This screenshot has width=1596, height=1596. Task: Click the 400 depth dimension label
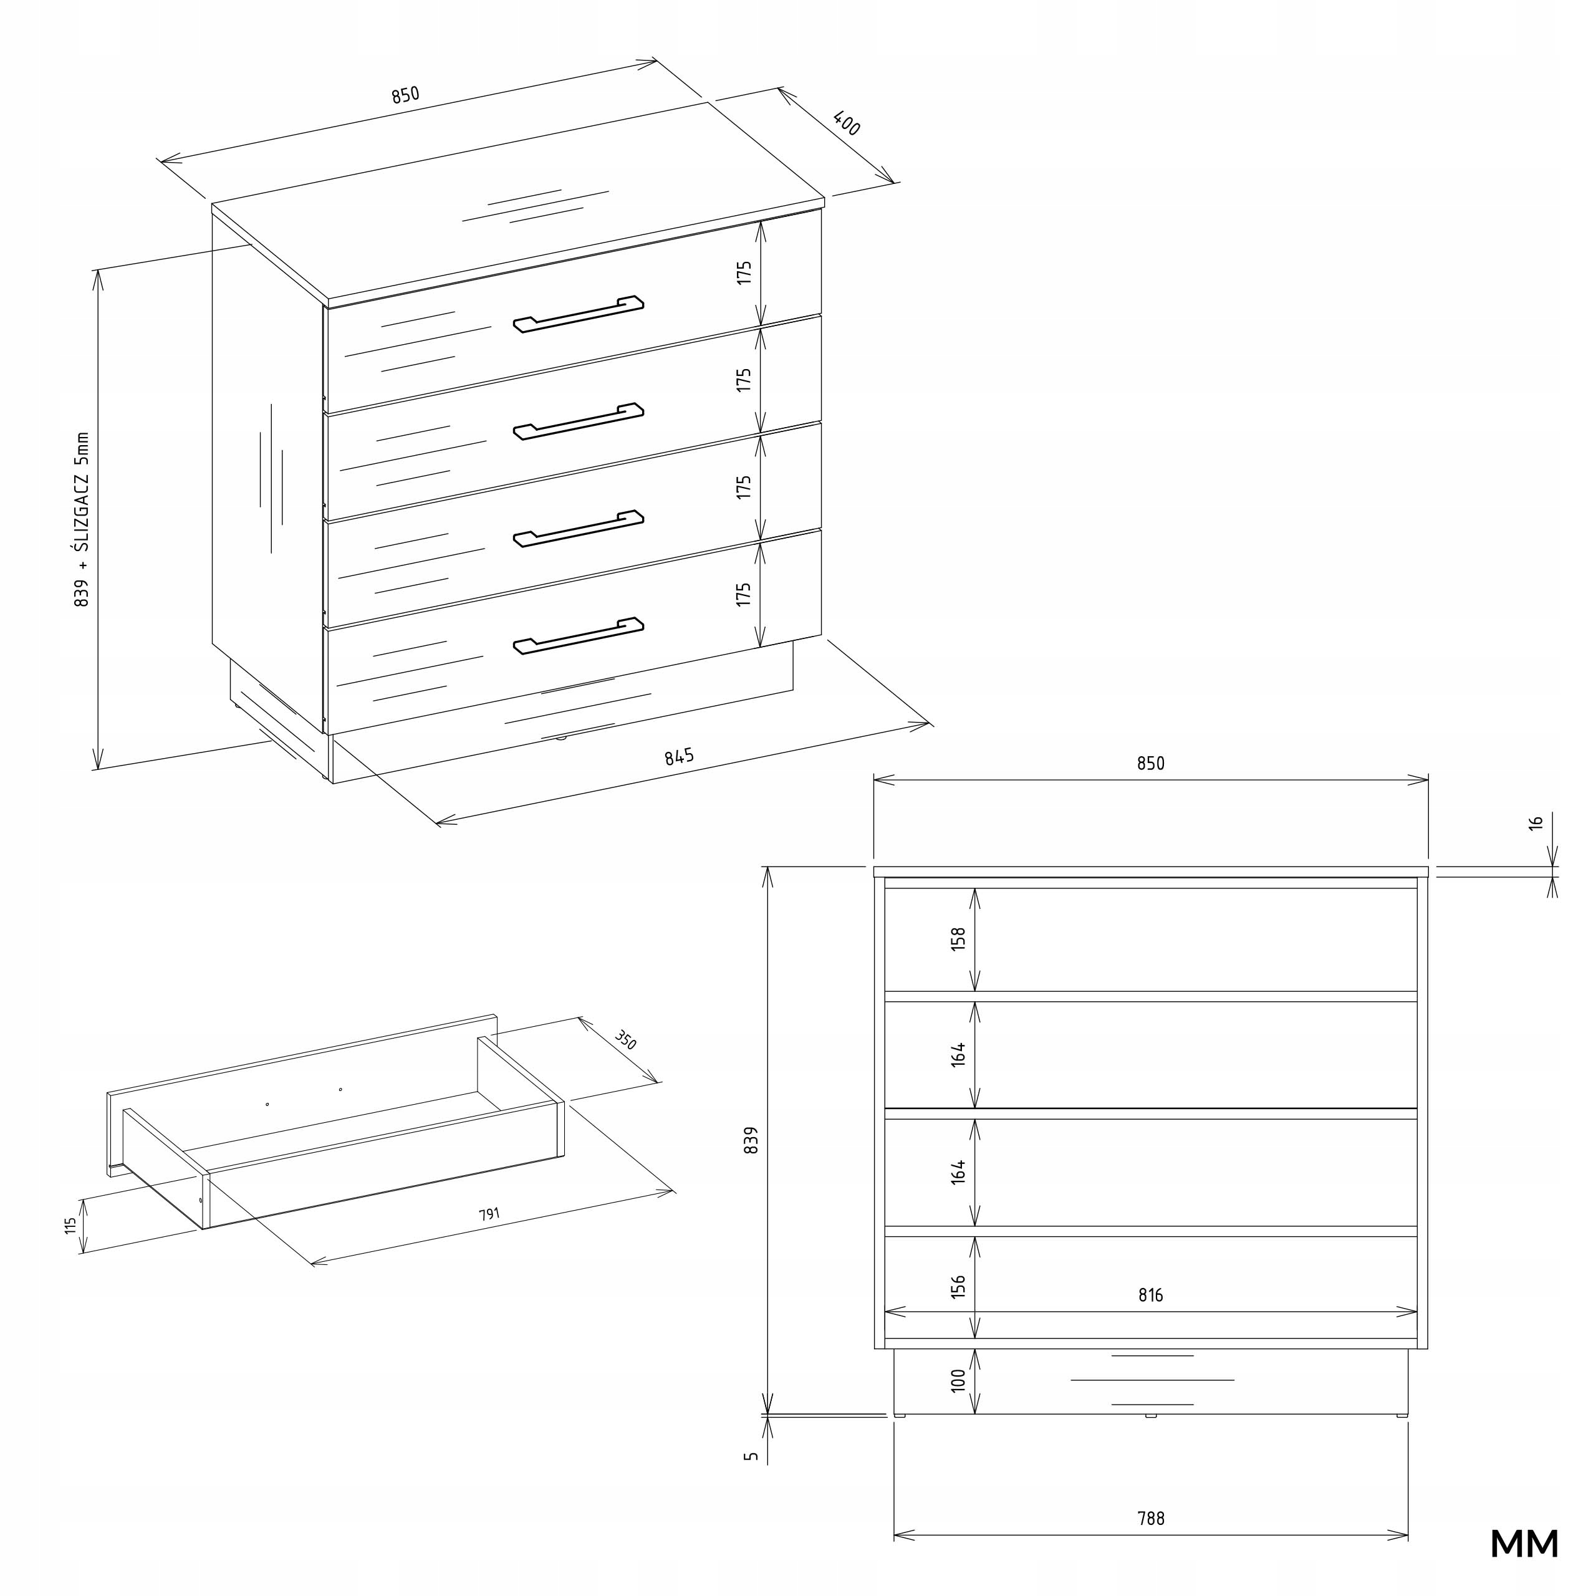pos(847,124)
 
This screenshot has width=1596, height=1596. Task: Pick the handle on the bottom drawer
pos(579,636)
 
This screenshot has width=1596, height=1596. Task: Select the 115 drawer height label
pos(71,1226)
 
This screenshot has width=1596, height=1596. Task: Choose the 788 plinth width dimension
pos(1151,1518)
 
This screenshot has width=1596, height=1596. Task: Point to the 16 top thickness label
pos(1536,823)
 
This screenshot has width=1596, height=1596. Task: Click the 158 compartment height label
pos(958,940)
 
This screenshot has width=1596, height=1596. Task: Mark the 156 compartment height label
pos(958,1287)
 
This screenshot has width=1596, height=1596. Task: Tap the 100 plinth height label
pos(958,1380)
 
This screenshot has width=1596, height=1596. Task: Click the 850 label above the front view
pos(1151,763)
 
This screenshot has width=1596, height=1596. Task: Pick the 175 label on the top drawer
pos(744,272)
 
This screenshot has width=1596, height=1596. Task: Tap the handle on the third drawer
pos(579,529)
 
